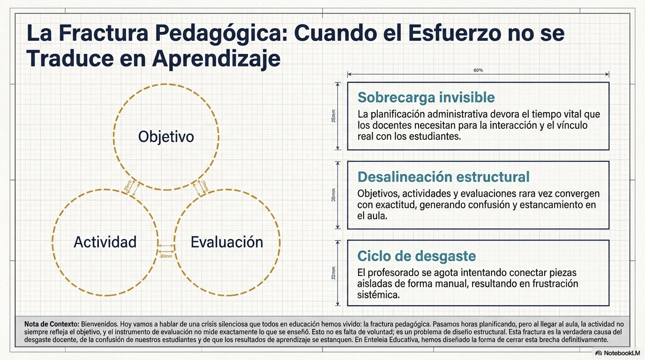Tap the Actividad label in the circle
[105, 242]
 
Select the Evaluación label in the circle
[227, 242]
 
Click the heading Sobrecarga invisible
[426, 97]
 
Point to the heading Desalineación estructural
[443, 177]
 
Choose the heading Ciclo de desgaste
[416, 256]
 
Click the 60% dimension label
[478, 70]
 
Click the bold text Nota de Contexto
[52, 324]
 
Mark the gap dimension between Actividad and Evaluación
[166, 256]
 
